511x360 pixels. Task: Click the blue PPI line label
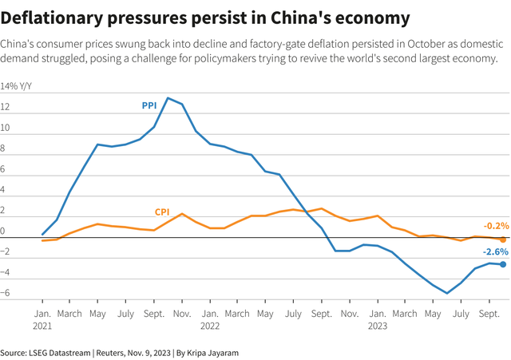[x=149, y=104]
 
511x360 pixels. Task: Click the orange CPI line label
[x=162, y=212]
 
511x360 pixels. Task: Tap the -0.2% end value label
[x=495, y=226]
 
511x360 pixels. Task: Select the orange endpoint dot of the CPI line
[x=503, y=239]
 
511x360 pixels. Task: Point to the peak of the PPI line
[x=168, y=98]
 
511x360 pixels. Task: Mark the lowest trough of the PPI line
[x=447, y=293]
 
